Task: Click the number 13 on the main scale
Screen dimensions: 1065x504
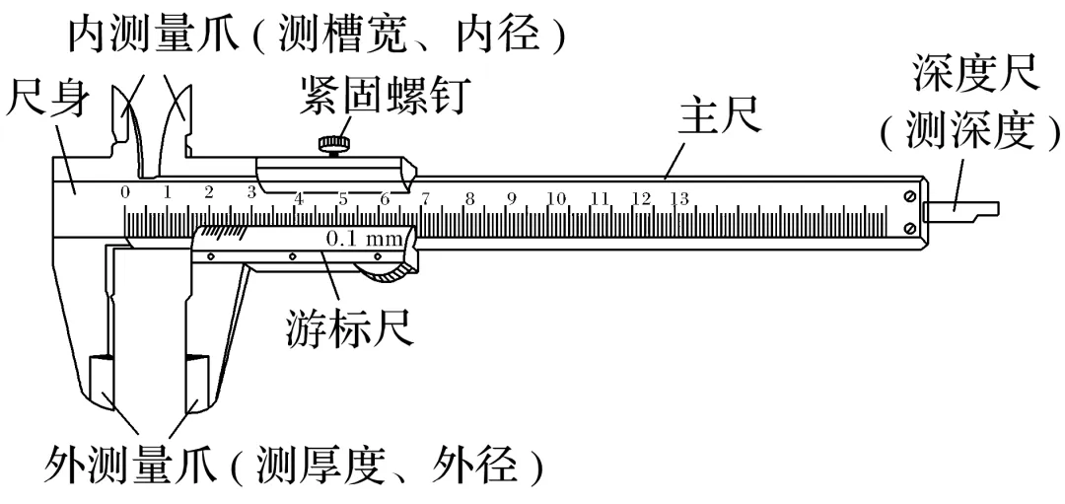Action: (678, 198)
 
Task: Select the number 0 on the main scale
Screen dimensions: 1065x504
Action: (125, 191)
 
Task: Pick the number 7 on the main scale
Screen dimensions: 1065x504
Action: (425, 198)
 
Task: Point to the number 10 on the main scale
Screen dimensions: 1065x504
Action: (556, 198)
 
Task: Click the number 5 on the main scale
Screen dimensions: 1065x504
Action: (342, 198)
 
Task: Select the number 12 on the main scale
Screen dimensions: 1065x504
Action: (641, 198)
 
